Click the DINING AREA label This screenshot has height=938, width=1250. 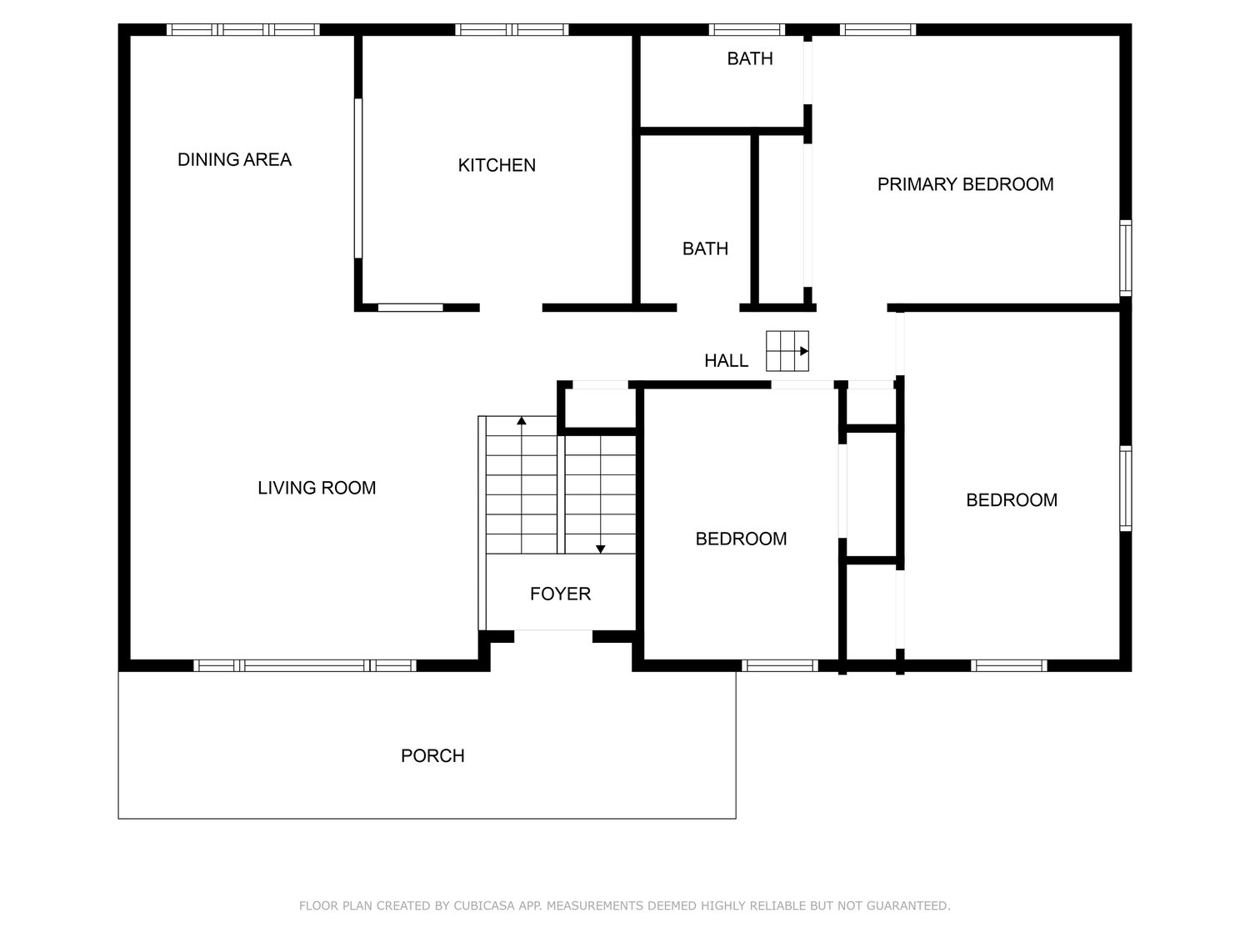[x=234, y=159]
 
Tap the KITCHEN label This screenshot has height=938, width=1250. [x=497, y=165]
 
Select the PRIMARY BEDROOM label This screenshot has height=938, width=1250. [x=965, y=184]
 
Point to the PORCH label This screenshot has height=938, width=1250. [x=432, y=755]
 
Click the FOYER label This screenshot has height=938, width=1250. [x=560, y=594]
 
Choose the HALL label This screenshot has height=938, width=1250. [x=726, y=360]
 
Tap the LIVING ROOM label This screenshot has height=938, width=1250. [x=317, y=488]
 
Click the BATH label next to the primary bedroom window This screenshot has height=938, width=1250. [x=749, y=58]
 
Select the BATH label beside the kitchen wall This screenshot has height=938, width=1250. [x=705, y=248]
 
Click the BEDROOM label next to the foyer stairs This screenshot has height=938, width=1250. [x=741, y=539]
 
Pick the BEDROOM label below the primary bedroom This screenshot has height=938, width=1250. [x=1012, y=500]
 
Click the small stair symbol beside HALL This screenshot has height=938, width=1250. [x=787, y=351]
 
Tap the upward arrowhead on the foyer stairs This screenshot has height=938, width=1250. [x=521, y=421]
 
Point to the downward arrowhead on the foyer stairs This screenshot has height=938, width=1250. [x=600, y=549]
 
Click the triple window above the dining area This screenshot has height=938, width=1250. [x=243, y=30]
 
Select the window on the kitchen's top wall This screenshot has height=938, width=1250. [x=512, y=30]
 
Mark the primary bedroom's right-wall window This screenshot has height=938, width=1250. [x=1125, y=258]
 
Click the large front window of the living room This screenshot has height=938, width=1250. [x=305, y=665]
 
